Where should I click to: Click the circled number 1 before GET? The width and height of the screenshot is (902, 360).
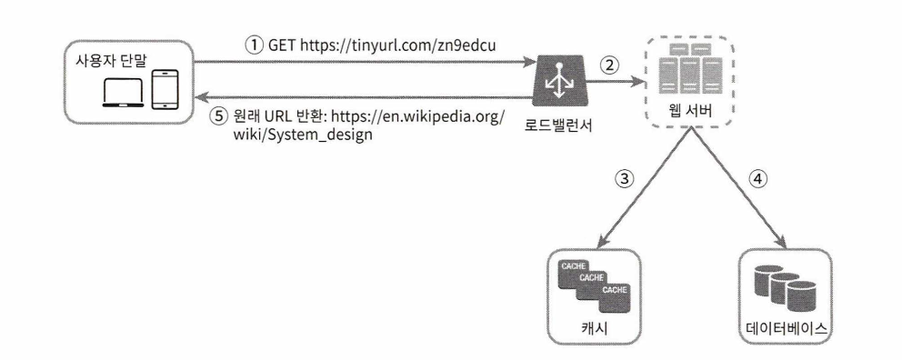[255, 45]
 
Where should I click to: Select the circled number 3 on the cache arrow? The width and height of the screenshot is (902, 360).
[625, 179]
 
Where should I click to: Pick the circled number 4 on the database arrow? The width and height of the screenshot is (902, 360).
[757, 179]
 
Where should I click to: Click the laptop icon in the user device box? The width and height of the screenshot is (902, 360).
[123, 92]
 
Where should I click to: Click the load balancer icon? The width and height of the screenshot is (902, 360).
[556, 81]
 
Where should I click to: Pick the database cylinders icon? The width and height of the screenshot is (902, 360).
[786, 286]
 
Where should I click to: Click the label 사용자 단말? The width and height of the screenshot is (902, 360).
[112, 60]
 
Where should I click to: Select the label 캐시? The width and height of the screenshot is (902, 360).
[594, 329]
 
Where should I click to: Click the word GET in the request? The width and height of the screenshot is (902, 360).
[281, 45]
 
